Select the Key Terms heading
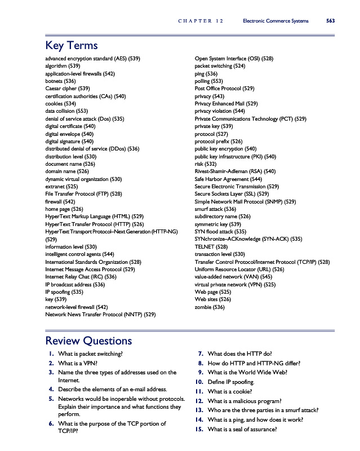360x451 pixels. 72,46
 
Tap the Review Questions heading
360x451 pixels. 88,341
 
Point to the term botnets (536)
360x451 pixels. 60,81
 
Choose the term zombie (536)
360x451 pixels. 210,307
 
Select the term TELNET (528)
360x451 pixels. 211,246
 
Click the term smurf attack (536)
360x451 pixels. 215,209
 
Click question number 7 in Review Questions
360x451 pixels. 201,354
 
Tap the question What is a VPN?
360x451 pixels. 77,363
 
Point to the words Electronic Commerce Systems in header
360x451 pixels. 275,21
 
